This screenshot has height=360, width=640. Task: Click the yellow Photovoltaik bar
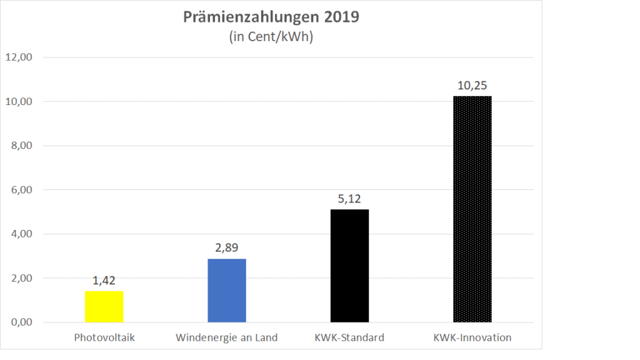104,306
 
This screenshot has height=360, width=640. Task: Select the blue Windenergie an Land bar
226,290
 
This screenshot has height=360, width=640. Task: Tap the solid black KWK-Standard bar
349,266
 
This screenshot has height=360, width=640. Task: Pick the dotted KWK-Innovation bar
472,209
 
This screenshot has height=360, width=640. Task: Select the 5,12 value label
349,199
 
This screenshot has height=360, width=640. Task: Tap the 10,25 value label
472,86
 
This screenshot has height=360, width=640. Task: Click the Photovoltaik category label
104,338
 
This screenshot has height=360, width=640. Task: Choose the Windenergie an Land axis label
226,338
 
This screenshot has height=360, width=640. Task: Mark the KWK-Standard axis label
349,338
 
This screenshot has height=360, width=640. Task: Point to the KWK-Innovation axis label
472,338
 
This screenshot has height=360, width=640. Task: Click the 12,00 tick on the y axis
19,57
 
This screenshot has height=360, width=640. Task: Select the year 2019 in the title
341,17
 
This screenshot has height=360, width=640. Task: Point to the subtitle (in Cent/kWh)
271,37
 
